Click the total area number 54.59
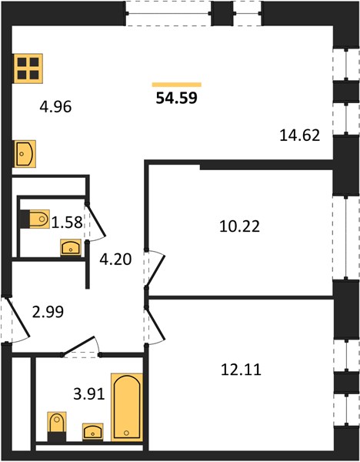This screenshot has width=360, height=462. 176,98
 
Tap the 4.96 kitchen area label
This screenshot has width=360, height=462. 55,107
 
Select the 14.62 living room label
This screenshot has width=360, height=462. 300,136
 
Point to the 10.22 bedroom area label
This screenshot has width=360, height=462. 239,226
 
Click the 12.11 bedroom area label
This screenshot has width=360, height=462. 241,370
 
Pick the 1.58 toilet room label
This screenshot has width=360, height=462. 67,223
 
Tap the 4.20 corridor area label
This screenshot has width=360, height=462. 115,259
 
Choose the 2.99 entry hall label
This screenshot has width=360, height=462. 48,312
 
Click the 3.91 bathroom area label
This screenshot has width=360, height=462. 89,394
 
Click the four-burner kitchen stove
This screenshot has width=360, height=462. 28,69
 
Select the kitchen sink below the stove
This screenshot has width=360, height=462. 25,154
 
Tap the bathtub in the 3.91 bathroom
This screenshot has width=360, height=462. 127,407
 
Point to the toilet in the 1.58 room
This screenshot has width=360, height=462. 39,219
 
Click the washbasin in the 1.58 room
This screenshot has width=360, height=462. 71,247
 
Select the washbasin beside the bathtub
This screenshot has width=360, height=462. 93,432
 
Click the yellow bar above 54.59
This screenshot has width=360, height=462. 177,85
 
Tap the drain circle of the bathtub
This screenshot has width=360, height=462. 127,433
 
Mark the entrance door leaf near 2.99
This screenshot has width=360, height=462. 18,317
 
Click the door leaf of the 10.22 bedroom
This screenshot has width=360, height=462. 155,272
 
